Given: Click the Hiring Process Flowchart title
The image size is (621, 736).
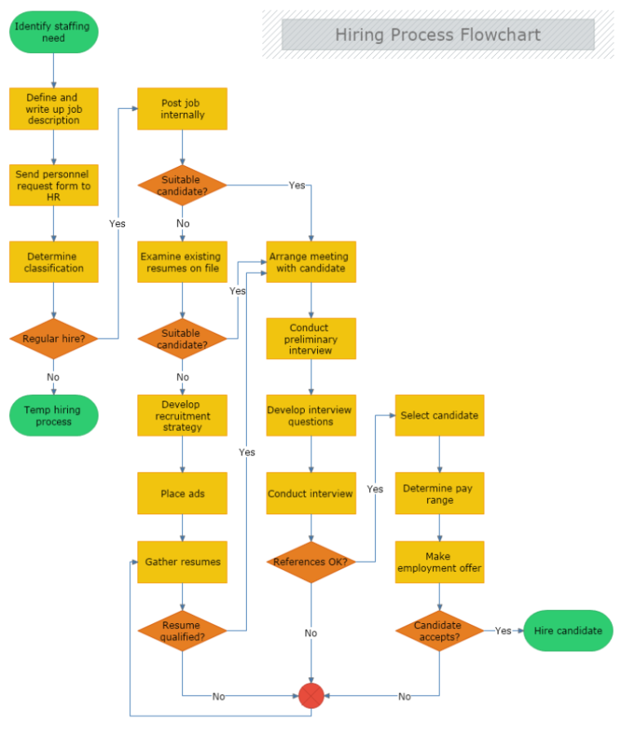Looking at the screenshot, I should [438, 34].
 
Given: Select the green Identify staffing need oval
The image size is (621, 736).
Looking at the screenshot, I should [54, 32].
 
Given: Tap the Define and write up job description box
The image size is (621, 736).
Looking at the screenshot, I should [54, 109].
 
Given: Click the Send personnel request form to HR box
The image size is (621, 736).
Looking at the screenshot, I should [54, 186].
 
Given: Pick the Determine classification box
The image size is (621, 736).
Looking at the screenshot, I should [54, 263].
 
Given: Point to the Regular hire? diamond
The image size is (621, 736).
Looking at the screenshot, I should [54, 339].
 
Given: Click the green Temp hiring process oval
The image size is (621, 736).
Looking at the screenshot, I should [54, 415].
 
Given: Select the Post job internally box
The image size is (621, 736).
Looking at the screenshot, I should [182, 109].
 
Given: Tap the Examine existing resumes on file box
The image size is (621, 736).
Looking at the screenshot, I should [182, 263].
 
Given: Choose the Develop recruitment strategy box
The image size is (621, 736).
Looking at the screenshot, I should [182, 415].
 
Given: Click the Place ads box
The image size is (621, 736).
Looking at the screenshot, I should [182, 493].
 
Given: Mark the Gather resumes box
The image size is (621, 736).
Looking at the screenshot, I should [182, 562].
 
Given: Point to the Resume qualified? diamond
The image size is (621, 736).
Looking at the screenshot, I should [182, 631].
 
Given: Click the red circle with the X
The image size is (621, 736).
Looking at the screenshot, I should [311, 696].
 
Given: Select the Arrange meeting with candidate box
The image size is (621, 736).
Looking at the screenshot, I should [311, 263].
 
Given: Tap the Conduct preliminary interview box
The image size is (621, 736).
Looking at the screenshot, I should [311, 339].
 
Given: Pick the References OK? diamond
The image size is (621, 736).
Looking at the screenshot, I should [311, 562].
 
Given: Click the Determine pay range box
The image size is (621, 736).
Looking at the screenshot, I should [440, 493].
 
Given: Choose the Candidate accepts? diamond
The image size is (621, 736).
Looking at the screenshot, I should [440, 631].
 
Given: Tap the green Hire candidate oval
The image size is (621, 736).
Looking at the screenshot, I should [568, 631].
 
